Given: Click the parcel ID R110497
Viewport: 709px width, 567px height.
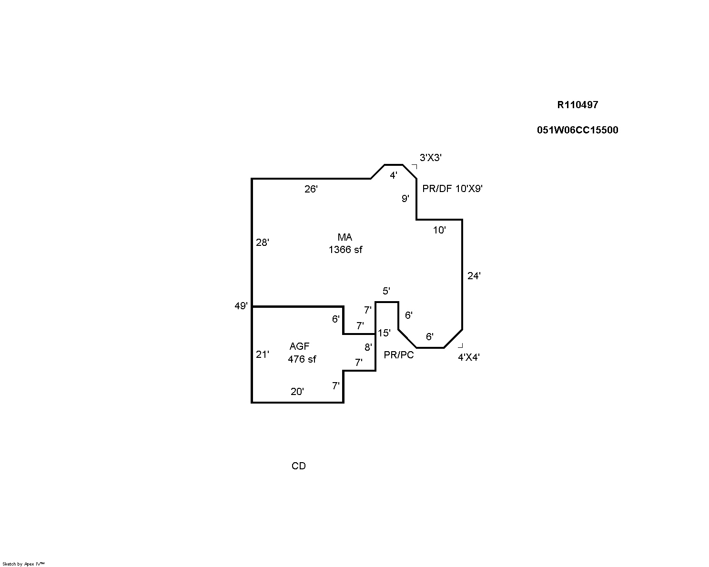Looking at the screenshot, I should pos(577,105).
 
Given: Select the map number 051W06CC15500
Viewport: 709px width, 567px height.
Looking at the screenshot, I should pos(577,130).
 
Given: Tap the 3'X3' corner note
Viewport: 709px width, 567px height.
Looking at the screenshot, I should pos(431,158).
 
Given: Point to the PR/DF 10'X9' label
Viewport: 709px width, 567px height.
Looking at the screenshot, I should pos(453,189).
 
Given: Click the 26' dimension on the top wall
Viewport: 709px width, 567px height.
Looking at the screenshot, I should pos(311,189).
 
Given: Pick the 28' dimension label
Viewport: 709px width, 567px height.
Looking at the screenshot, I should pos(263,243).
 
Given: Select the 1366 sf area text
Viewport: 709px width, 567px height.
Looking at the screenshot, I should pos(345,249).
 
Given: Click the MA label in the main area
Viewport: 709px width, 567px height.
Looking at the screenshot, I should pos(345,237).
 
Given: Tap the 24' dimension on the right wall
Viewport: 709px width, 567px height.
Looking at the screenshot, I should pos(474,275).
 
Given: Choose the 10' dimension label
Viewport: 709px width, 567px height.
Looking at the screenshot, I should pos(439,230).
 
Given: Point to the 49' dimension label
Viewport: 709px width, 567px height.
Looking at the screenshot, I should pos(241,306).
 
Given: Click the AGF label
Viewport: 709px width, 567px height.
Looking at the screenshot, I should pos(300,346).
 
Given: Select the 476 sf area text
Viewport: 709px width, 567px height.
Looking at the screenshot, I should pos(302,359).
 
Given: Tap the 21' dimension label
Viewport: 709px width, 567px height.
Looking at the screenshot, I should pos(263,354).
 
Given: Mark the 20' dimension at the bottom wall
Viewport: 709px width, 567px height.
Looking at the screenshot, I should pos(297,392).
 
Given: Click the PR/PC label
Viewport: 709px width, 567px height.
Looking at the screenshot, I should pos(399,355).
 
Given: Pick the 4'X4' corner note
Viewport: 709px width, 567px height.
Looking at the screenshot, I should pos(469,357).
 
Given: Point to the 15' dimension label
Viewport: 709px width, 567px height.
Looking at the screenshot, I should pos(384,333).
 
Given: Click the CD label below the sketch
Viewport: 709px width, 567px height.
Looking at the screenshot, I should pos(299,466).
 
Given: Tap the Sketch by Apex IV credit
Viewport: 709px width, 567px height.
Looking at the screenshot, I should pos(23,564).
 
